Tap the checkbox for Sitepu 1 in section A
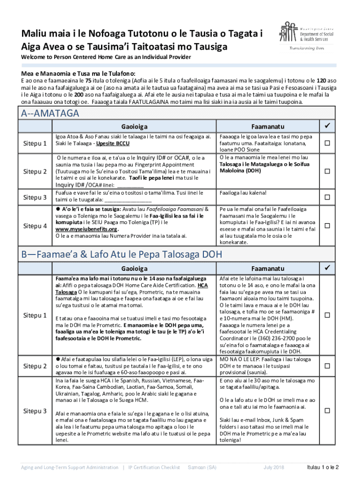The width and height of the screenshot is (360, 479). point(328,143)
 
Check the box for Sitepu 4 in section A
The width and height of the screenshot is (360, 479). point(328,226)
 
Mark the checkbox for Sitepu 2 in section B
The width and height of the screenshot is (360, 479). point(328,366)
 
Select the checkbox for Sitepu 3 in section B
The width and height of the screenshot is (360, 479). point(328,410)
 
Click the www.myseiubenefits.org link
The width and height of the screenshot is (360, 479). point(86,229)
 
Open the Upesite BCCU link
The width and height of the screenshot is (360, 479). point(113,143)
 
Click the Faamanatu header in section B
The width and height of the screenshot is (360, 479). point(267,269)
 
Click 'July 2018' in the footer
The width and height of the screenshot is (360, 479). point(274,468)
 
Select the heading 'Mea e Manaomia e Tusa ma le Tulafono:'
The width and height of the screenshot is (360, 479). point(78,73)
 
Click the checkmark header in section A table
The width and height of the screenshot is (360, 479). point(328,126)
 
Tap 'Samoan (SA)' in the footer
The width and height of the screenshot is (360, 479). point(202,468)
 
